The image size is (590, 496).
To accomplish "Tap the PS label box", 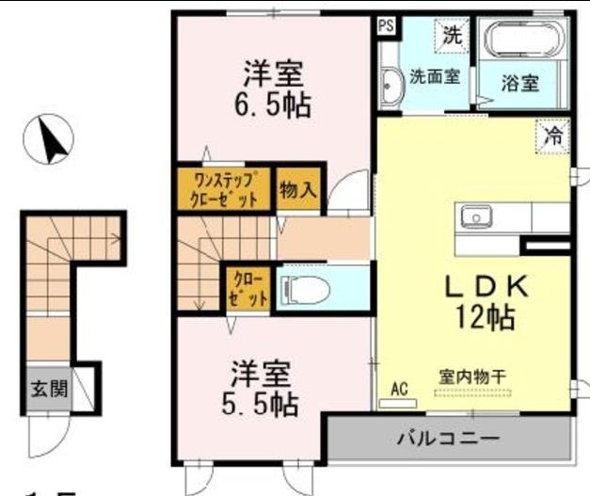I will tap(386, 26).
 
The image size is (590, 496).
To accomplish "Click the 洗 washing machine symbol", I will tap(453, 38).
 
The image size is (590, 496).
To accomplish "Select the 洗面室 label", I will tap(434, 78).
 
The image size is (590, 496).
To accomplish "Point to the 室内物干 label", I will tap(471, 376).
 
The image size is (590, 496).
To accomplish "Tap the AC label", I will tap(397, 388).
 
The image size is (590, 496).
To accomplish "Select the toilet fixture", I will tap(307, 287).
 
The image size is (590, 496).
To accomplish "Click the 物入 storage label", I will tap(297, 190).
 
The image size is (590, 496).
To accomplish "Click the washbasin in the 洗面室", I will tap(390, 87).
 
